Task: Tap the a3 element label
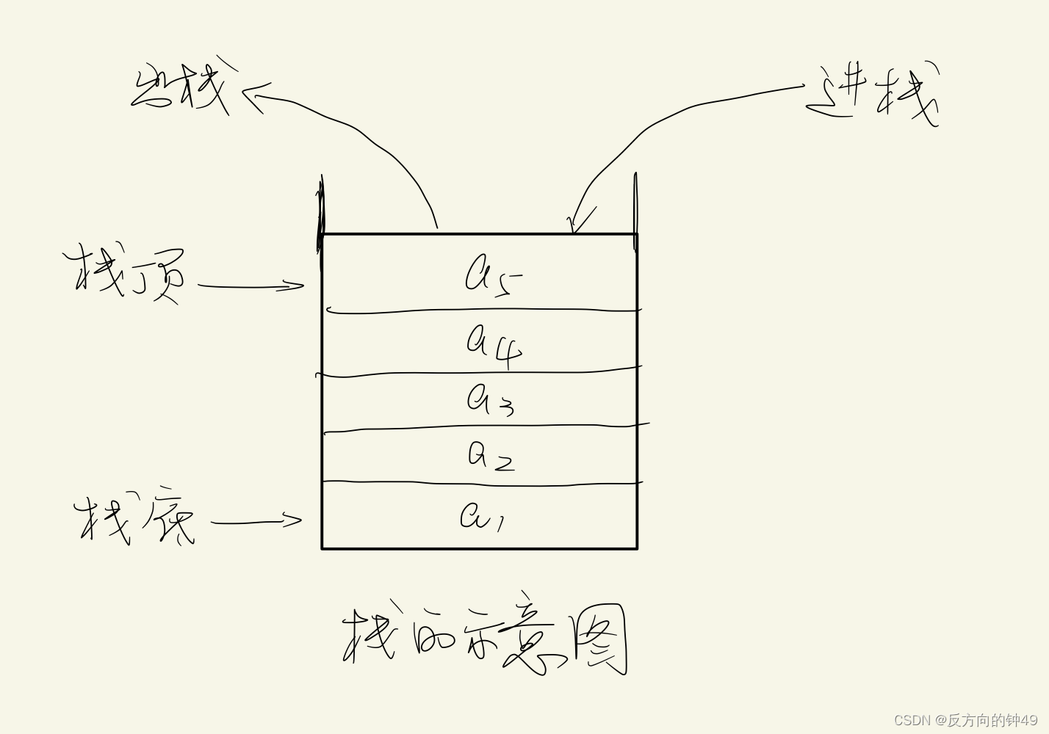[490, 401]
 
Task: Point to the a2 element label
[491, 456]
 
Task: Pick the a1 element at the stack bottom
[481, 516]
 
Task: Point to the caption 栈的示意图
[485, 639]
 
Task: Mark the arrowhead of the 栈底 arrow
[297, 520]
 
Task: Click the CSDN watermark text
[965, 720]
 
